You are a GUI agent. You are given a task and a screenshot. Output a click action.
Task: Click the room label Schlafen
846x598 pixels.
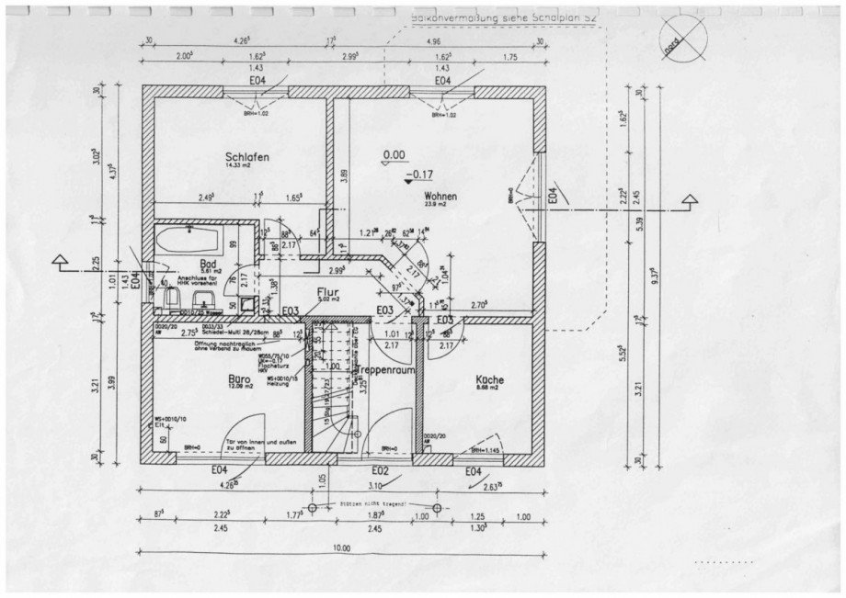[246, 158]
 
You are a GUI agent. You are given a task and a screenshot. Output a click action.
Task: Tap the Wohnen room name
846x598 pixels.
[440, 197]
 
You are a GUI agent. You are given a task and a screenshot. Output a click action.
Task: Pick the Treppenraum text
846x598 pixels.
[377, 367]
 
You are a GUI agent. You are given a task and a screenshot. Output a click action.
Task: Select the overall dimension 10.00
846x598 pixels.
[341, 548]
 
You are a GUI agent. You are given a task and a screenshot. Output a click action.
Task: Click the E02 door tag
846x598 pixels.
[381, 471]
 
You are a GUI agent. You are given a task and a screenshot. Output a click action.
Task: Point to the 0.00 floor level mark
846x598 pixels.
[394, 155]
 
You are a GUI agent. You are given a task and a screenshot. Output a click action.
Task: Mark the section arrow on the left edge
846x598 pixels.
[62, 263]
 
